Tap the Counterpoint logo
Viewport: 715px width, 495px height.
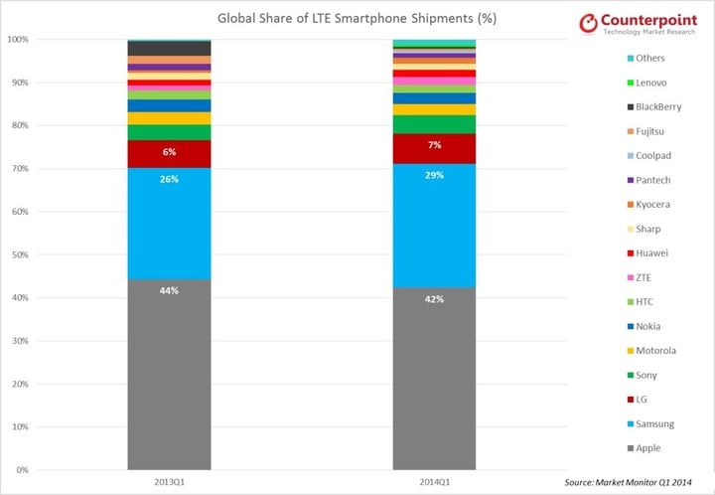[646, 24]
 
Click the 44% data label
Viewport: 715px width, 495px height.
[169, 291]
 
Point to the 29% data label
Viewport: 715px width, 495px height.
[434, 175]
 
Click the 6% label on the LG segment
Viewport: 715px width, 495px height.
[169, 152]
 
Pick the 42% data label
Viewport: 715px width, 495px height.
[434, 298]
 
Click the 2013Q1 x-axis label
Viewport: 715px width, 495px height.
[169, 482]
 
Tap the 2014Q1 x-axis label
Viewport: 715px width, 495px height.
[434, 482]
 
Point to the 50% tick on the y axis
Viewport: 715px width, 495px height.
[18, 254]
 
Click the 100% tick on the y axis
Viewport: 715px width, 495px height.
[17, 40]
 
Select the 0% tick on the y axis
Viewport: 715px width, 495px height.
[20, 469]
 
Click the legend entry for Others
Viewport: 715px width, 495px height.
[656, 58]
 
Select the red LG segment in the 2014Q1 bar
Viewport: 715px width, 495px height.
[434, 148]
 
